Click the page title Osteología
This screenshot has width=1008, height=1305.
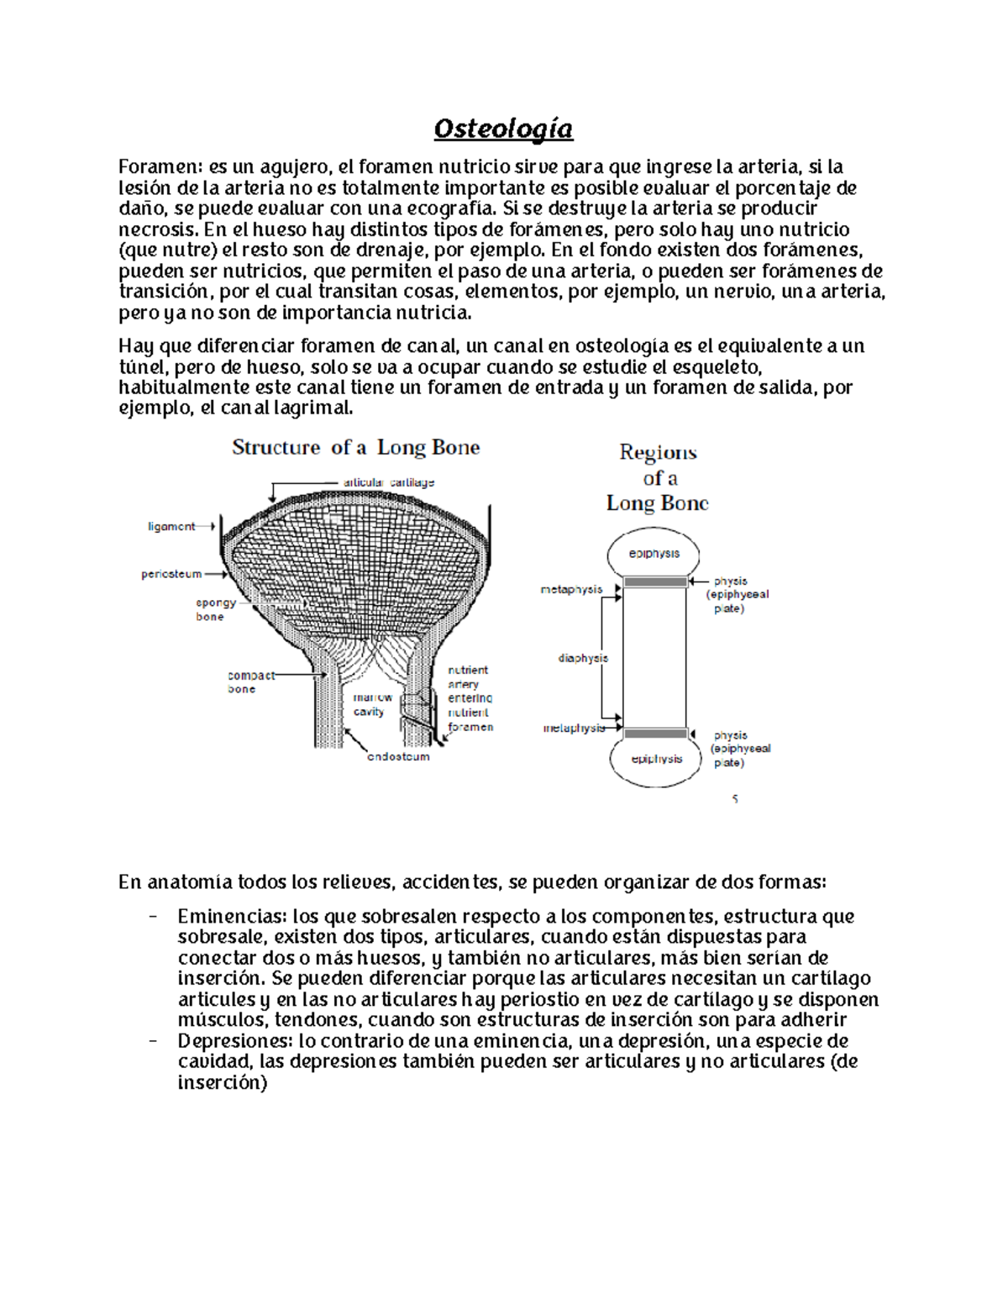click(x=503, y=129)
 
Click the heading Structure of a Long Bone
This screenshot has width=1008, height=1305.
click(x=355, y=447)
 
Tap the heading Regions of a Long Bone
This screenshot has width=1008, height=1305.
click(x=658, y=477)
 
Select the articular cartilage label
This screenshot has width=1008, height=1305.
click(x=388, y=482)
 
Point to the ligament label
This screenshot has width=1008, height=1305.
click(x=171, y=527)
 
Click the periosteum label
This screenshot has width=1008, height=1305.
click(x=171, y=575)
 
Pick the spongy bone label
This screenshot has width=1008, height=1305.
click(x=215, y=609)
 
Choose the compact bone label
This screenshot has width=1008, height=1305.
click(x=250, y=681)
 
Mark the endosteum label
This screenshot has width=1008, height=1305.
click(x=398, y=756)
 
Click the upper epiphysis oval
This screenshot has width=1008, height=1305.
click(x=654, y=554)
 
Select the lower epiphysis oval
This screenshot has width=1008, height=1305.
click(x=656, y=759)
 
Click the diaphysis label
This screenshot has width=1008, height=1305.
click(x=582, y=658)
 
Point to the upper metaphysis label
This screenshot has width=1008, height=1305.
click(x=571, y=590)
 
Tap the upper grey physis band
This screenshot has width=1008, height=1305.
click(x=654, y=581)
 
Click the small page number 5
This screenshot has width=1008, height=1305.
click(x=735, y=799)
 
